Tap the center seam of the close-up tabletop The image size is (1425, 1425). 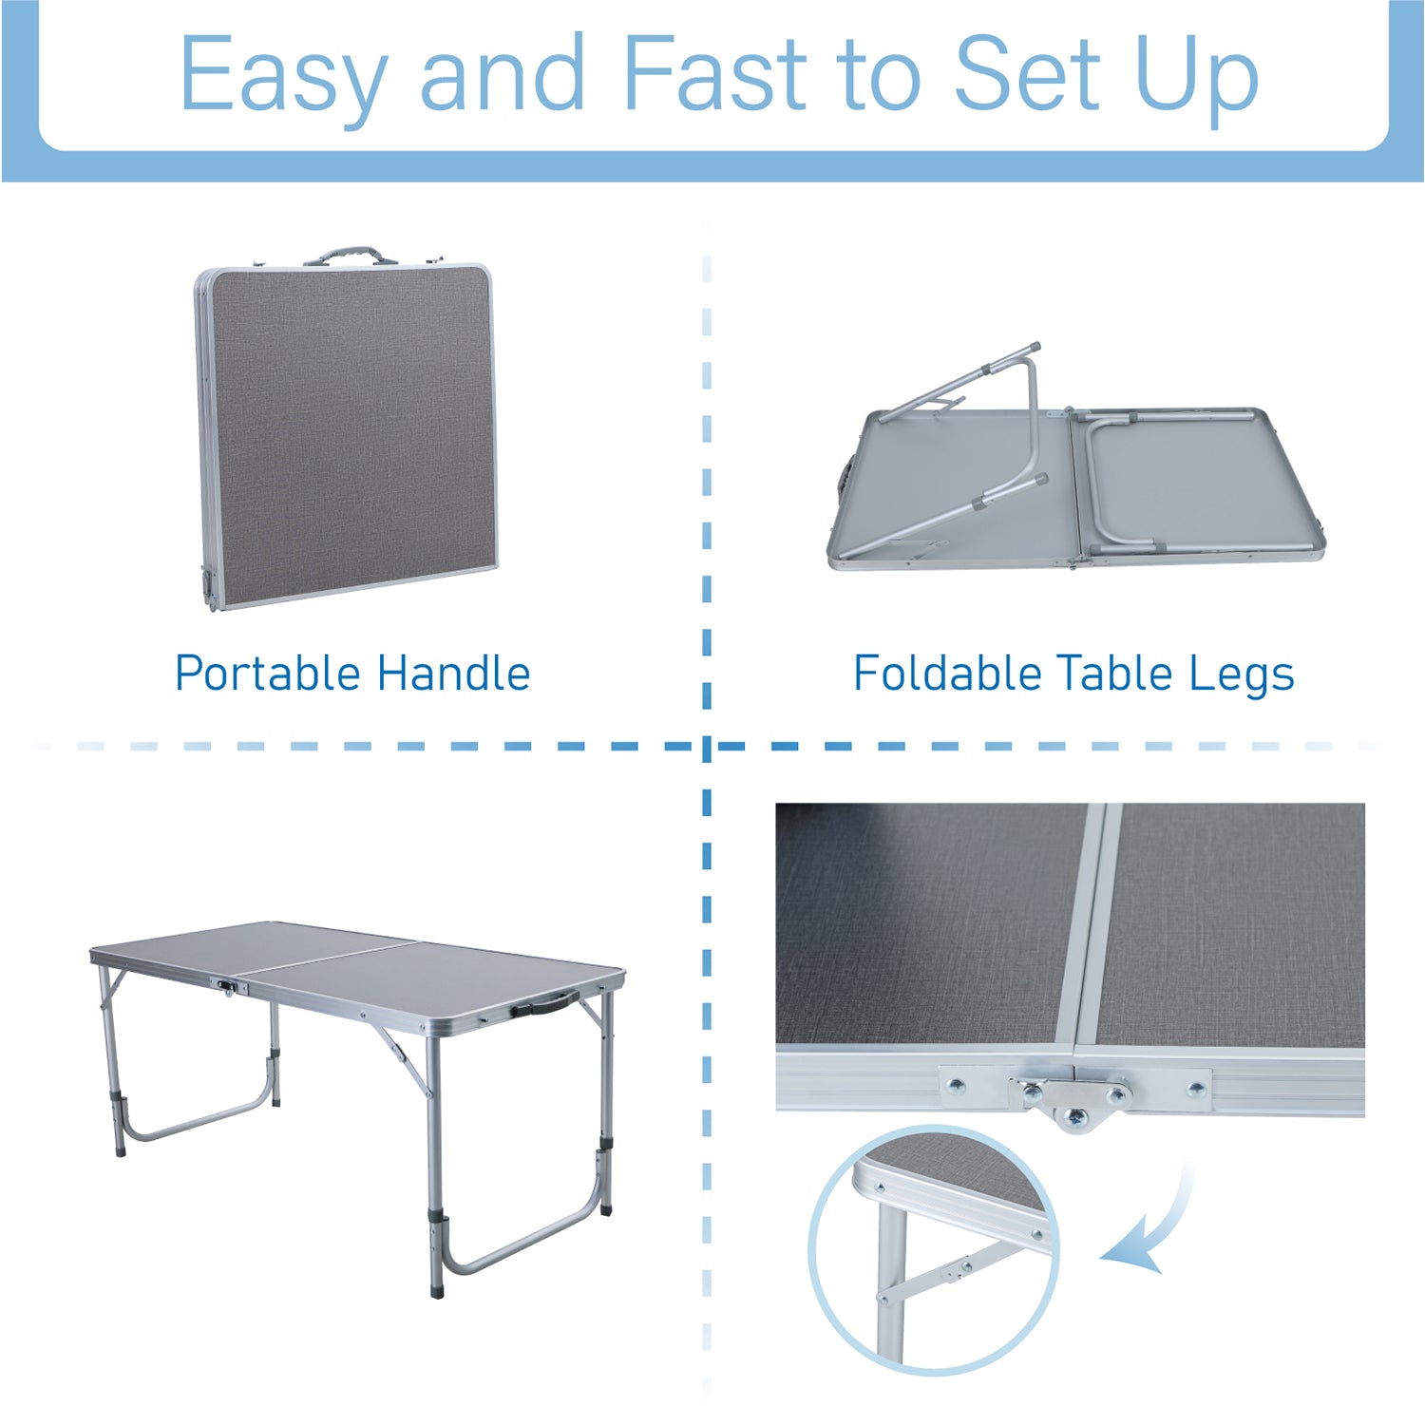click(x=1091, y=931)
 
